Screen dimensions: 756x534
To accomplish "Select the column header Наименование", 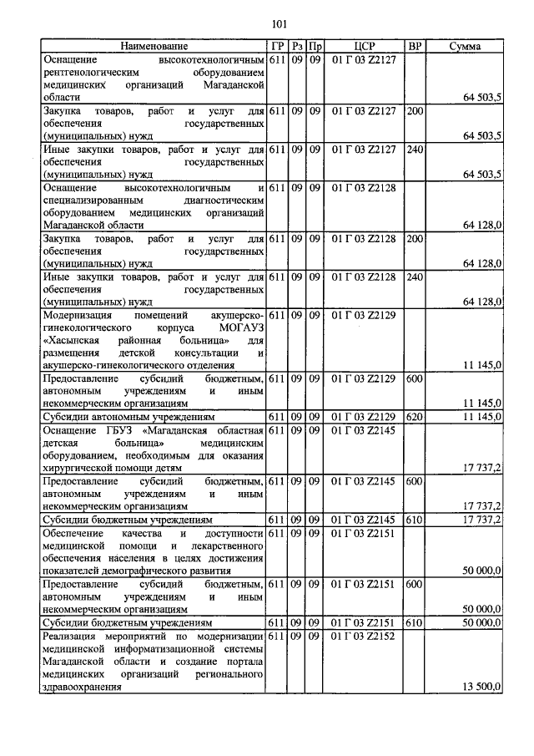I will click(154, 47).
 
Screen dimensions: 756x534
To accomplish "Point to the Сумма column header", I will click(464, 47).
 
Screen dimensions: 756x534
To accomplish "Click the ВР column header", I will click(414, 47).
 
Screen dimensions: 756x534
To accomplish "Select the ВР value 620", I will click(414, 416).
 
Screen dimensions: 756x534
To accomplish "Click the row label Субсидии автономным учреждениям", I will click(130, 416).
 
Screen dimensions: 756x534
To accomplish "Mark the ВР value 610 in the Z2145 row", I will click(414, 520).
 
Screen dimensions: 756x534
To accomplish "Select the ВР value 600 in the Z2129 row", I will click(414, 378).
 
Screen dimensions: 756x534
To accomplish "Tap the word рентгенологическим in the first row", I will click(97, 73).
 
